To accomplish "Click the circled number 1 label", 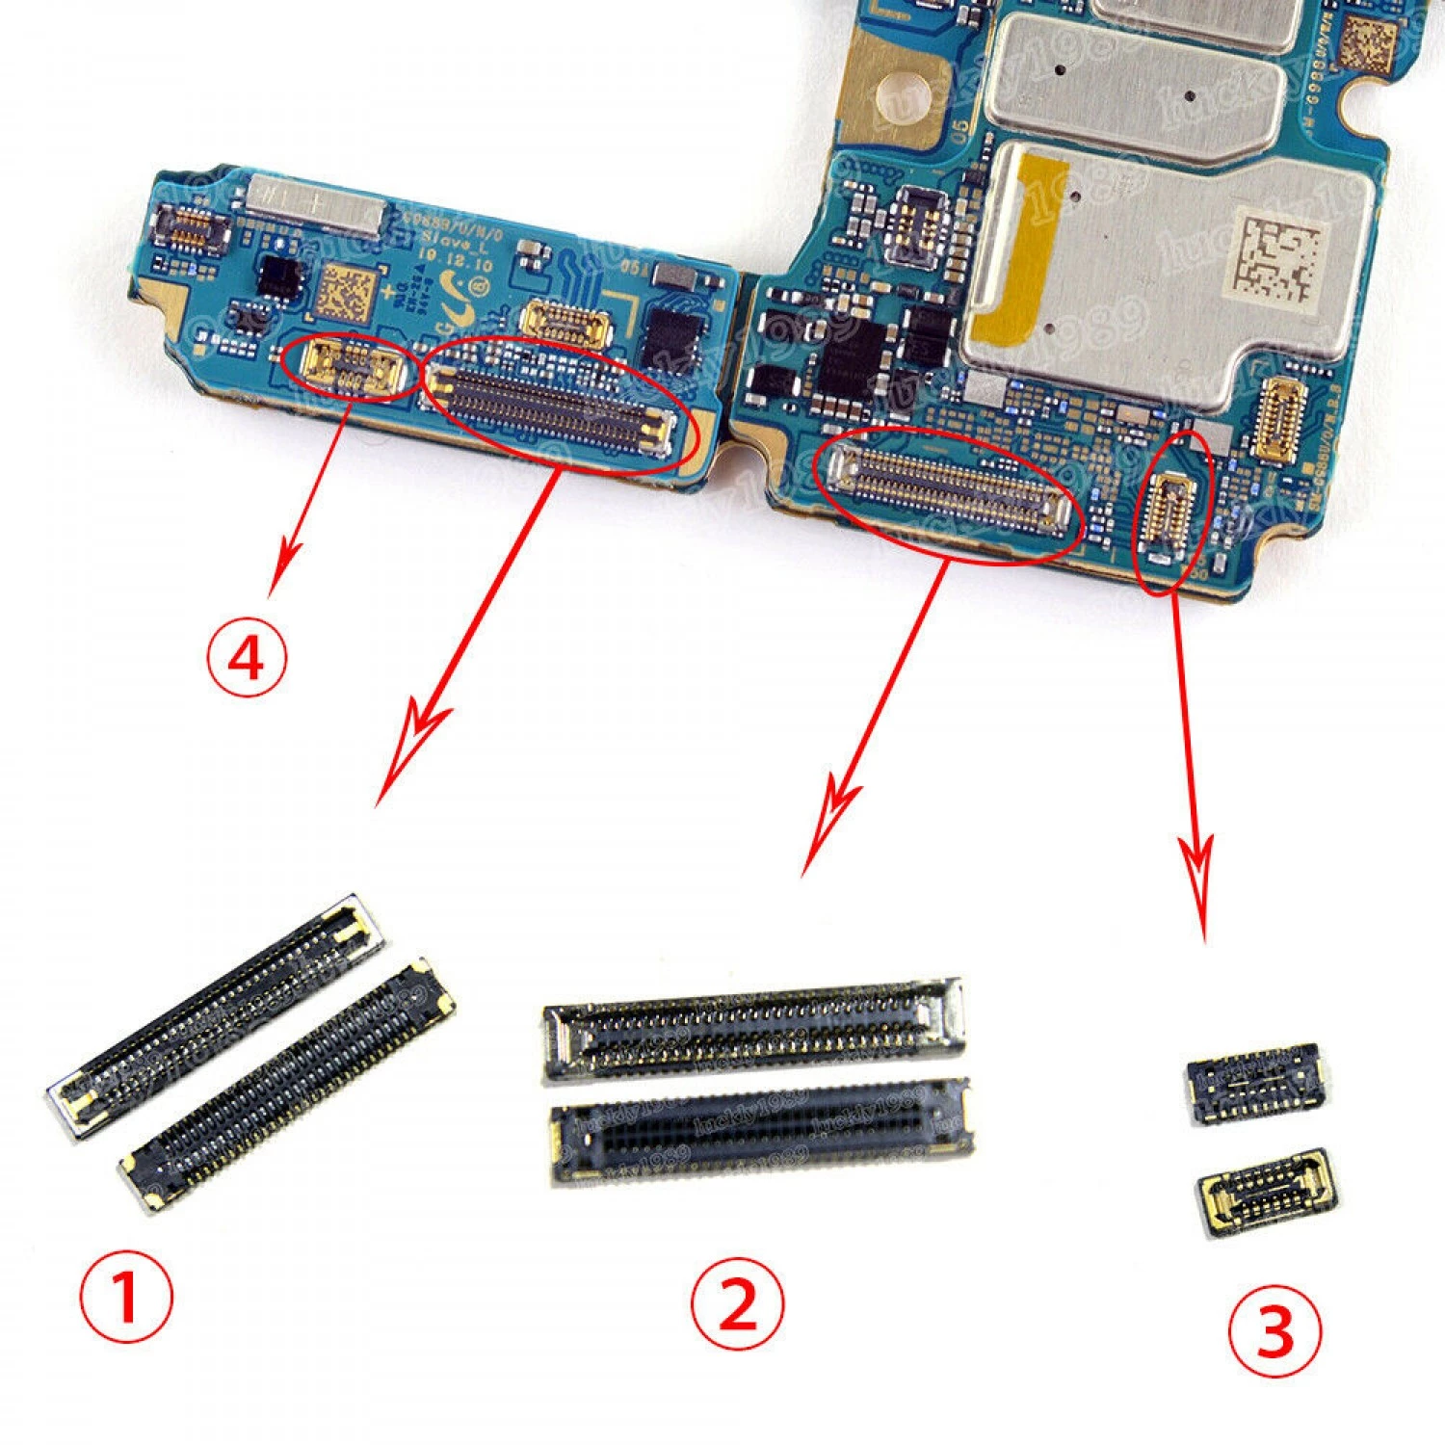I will point(126,1296).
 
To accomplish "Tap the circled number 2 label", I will point(738,1305).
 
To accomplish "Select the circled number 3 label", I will point(1274,1332).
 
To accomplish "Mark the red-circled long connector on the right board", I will point(949,491).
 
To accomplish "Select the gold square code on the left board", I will point(345,293).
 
